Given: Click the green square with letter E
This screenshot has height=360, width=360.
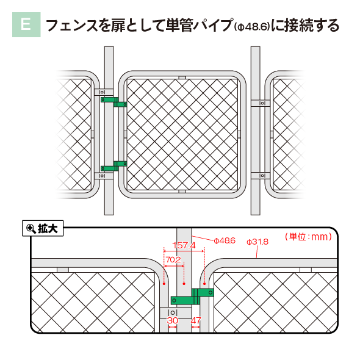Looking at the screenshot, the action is click(26, 24).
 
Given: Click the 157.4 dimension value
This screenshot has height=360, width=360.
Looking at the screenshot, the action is click(184, 245).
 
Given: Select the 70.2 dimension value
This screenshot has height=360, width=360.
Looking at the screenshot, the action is click(173, 260).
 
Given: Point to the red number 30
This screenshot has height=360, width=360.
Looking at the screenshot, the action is click(173, 320).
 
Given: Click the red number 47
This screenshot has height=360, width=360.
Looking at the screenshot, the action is click(196, 320).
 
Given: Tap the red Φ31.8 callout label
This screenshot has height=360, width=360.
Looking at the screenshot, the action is click(257, 242).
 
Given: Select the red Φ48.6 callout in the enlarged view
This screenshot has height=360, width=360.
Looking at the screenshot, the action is click(225, 240).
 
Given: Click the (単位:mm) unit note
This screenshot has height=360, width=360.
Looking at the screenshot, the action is click(308, 237).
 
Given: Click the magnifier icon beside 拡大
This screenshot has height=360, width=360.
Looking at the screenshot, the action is click(31, 228).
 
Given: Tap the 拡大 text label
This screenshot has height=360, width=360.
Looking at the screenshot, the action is click(48, 228).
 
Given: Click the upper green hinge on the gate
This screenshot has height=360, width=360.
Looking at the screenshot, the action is click(114, 102).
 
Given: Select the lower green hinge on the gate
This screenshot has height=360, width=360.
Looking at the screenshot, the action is click(114, 166).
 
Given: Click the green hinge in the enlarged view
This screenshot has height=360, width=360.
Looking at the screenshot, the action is click(192, 297).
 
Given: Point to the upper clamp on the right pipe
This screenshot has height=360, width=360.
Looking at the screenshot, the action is click(261, 103).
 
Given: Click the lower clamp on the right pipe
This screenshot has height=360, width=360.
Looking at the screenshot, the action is click(261, 176).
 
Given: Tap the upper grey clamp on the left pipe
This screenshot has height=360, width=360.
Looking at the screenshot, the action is click(104, 92).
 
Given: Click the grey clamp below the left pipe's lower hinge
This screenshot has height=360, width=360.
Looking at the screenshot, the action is click(104, 176).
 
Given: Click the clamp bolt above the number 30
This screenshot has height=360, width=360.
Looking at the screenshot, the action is click(173, 312).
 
